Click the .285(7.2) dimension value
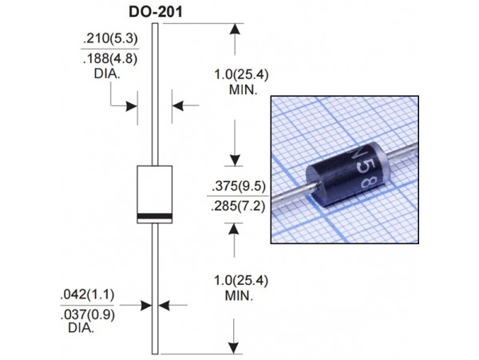[x=236, y=205]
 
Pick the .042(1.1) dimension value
[x=87, y=295]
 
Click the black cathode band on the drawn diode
[x=155, y=216]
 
